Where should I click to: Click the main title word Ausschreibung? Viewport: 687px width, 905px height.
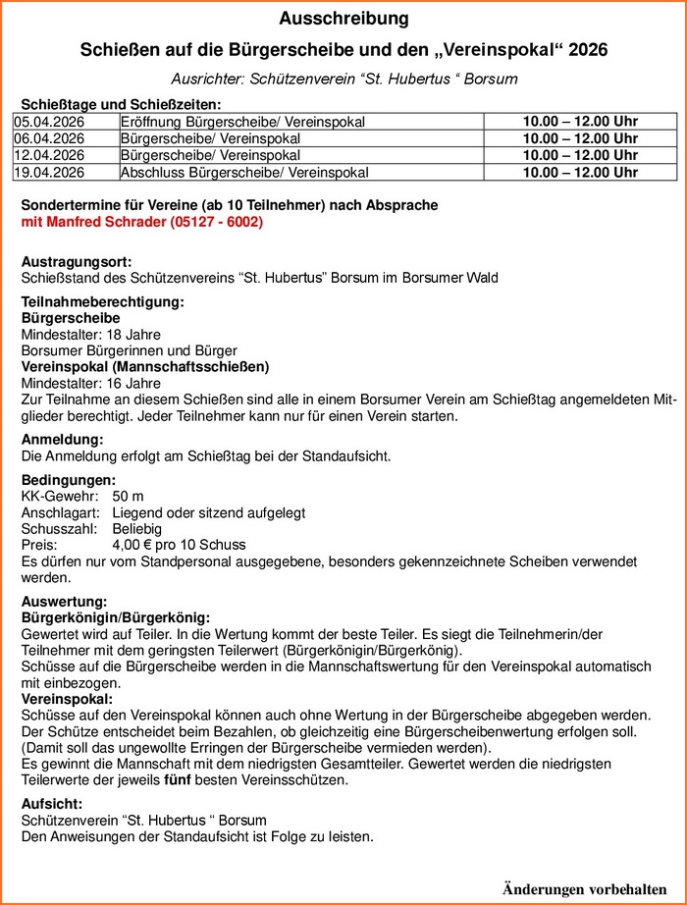pyautogui.click(x=343, y=19)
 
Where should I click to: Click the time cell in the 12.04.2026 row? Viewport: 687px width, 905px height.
pyautogui.click(x=580, y=155)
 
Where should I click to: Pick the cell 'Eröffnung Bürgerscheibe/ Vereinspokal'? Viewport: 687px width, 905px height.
pyautogui.click(x=242, y=122)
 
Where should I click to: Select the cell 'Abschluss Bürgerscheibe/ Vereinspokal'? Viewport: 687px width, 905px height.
pyautogui.click(x=244, y=173)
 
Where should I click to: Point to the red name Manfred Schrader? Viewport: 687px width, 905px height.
pyautogui.click(x=108, y=223)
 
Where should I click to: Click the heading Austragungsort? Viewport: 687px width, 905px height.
pyautogui.click(x=76, y=262)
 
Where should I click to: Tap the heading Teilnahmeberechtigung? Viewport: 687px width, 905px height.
pyautogui.click(x=102, y=302)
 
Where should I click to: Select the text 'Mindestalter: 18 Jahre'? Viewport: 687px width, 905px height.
pyautogui.click(x=91, y=335)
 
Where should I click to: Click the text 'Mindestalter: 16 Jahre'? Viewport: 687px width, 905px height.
pyautogui.click(x=91, y=383)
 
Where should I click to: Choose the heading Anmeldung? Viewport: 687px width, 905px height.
pyautogui.click(x=62, y=439)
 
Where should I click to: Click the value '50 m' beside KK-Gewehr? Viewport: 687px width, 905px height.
pyautogui.click(x=129, y=497)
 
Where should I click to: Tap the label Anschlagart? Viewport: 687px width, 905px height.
pyautogui.click(x=60, y=512)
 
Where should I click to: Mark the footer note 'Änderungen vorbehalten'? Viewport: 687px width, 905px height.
pyautogui.click(x=585, y=888)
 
